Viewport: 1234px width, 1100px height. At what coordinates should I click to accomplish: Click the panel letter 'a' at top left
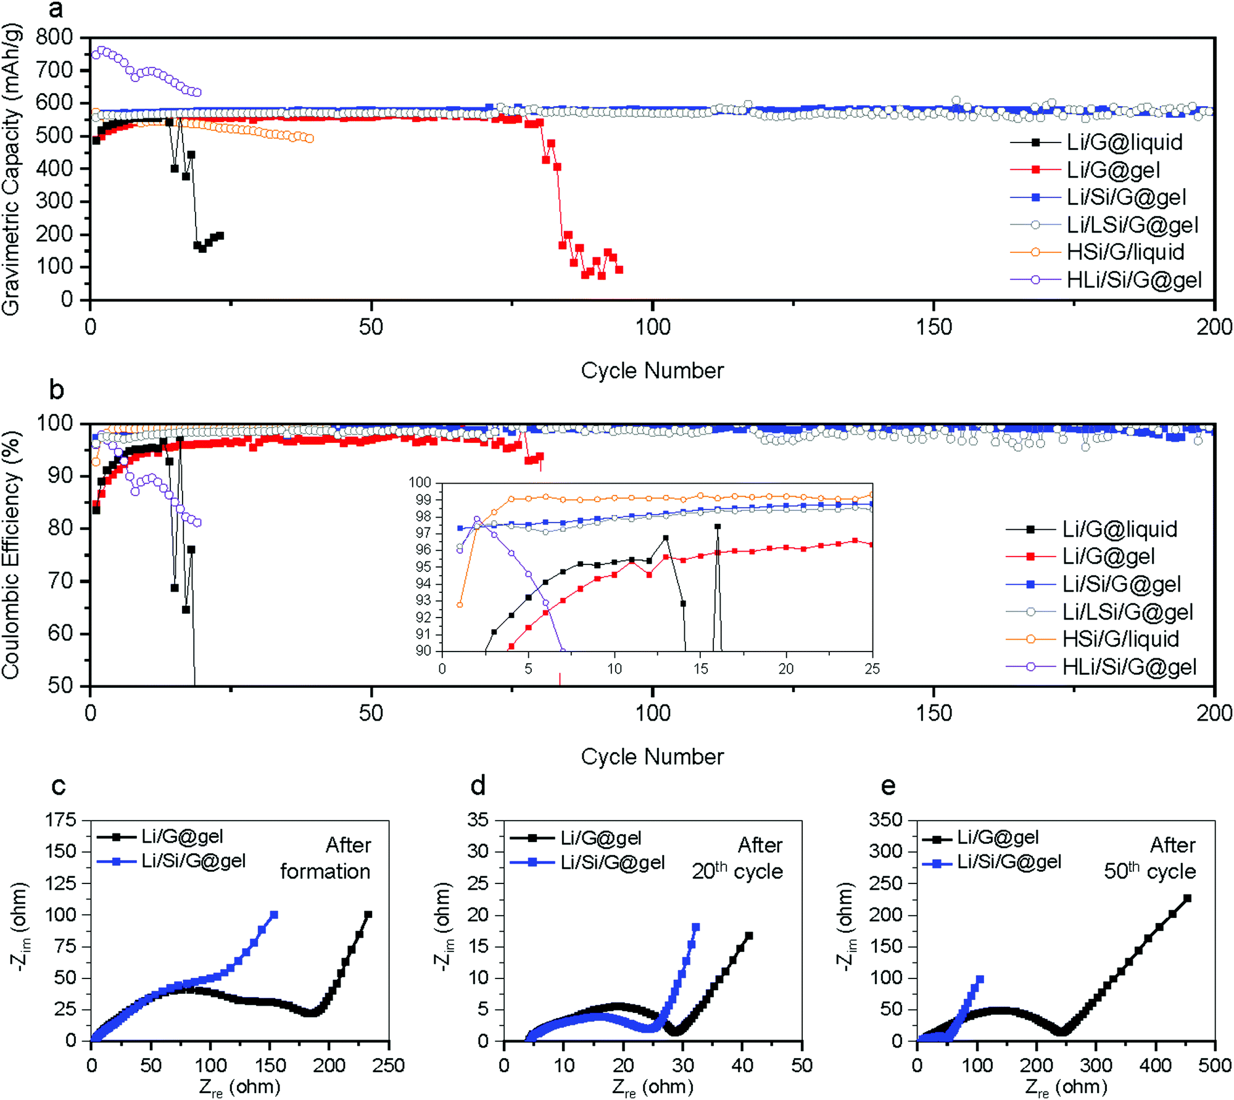pyautogui.click(x=56, y=10)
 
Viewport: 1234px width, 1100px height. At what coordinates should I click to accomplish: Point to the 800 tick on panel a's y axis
pyautogui.click(x=54, y=38)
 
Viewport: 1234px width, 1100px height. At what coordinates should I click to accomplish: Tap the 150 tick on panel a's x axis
pyautogui.click(x=934, y=327)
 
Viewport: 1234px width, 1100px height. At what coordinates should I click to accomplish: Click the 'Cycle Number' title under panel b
pyautogui.click(x=652, y=756)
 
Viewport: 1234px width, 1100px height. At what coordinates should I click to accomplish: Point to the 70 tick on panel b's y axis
pyautogui.click(x=60, y=581)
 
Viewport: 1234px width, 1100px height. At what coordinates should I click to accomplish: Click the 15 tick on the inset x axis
pyautogui.click(x=700, y=669)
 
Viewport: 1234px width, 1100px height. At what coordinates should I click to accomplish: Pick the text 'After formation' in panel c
pyautogui.click(x=326, y=858)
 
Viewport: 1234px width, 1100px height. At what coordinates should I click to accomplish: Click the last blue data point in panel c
pyautogui.click(x=274, y=914)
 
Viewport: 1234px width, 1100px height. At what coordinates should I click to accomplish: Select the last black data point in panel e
pyautogui.click(x=1186, y=898)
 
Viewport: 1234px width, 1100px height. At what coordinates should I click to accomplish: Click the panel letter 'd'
pyautogui.click(x=478, y=786)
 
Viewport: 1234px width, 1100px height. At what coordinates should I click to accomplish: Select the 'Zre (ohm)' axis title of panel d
pyautogui.click(x=653, y=1087)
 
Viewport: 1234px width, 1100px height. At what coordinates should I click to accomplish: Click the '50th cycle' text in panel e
pyautogui.click(x=1149, y=871)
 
